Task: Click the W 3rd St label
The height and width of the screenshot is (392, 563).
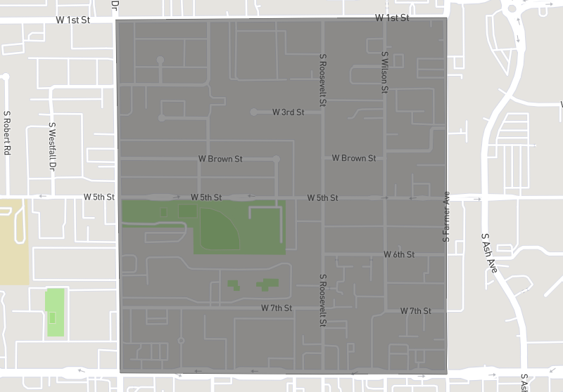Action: click(x=288, y=112)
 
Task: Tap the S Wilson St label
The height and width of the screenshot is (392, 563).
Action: click(x=385, y=72)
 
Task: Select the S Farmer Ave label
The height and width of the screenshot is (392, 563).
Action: click(x=445, y=216)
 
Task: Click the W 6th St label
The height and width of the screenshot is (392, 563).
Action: click(x=399, y=254)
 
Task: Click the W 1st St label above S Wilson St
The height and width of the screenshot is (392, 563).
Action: click(x=392, y=18)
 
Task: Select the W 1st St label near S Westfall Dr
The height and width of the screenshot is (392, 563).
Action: click(x=73, y=20)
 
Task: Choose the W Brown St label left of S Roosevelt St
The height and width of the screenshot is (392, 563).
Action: click(x=220, y=159)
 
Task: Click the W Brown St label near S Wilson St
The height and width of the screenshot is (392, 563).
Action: click(x=354, y=158)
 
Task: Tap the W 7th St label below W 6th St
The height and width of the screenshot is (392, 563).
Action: click(x=415, y=311)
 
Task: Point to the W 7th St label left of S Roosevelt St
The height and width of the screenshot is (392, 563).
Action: click(x=277, y=308)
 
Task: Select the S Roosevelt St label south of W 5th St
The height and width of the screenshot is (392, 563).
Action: click(x=322, y=300)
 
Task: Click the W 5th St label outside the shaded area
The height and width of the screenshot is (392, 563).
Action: click(x=99, y=197)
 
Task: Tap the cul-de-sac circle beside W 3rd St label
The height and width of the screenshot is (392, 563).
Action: click(x=254, y=112)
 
